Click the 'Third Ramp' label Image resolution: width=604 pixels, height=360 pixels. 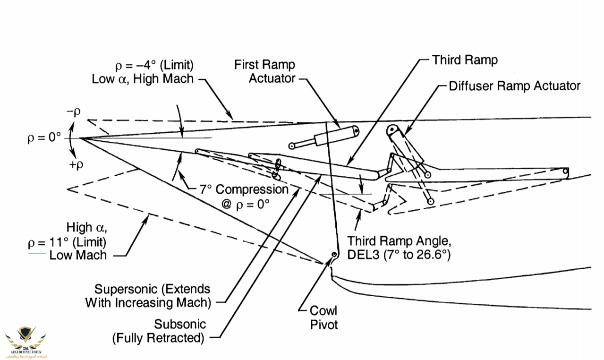pos(465,60)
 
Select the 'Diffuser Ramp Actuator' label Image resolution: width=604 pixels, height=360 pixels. pos(514,86)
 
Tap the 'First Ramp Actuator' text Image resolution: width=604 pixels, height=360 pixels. pos(265,71)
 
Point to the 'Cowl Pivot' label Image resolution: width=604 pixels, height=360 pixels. pos(323,317)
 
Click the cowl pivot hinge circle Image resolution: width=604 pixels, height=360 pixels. pos(334,255)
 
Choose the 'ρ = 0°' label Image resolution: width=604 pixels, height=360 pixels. pos(44,138)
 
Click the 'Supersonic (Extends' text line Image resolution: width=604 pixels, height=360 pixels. pos(152,289)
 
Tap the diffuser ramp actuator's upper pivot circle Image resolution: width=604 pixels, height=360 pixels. pos(391,129)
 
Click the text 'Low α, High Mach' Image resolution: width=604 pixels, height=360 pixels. pos(143,78)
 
